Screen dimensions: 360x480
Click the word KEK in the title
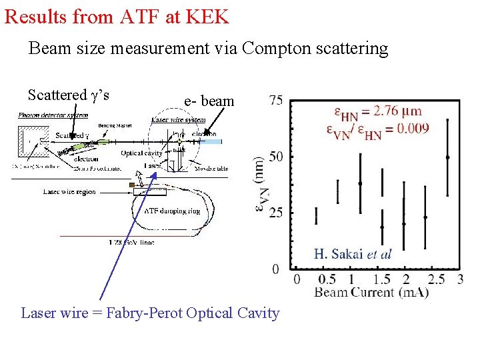207,16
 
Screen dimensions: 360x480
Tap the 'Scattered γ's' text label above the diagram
69,95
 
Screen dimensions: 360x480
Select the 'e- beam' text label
209,101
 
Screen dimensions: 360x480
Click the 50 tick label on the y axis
276,157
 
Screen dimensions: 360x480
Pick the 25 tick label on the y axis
276,213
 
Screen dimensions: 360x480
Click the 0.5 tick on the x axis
326,279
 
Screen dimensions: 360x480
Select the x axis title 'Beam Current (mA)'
371,292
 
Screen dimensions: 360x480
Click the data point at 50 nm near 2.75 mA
447,157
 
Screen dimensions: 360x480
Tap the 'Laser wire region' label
69,192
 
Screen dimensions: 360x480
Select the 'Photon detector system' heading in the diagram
53,115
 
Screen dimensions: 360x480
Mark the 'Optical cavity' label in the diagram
141,153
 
